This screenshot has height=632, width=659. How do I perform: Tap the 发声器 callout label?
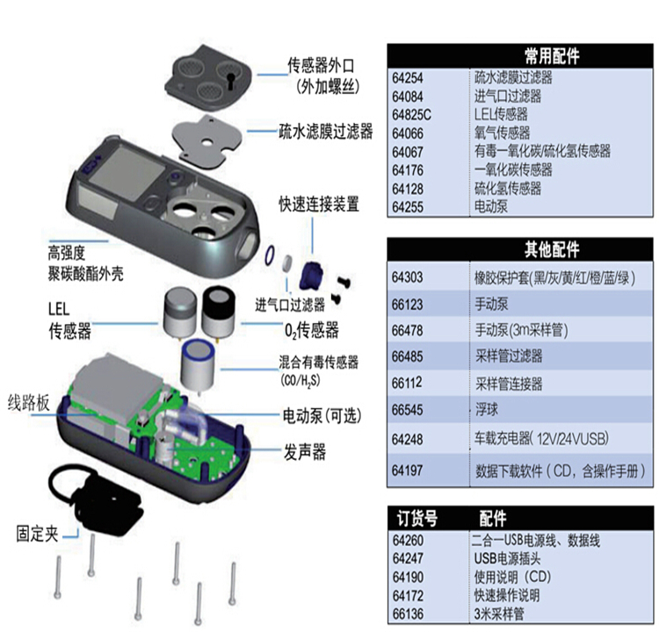click(x=303, y=451)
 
